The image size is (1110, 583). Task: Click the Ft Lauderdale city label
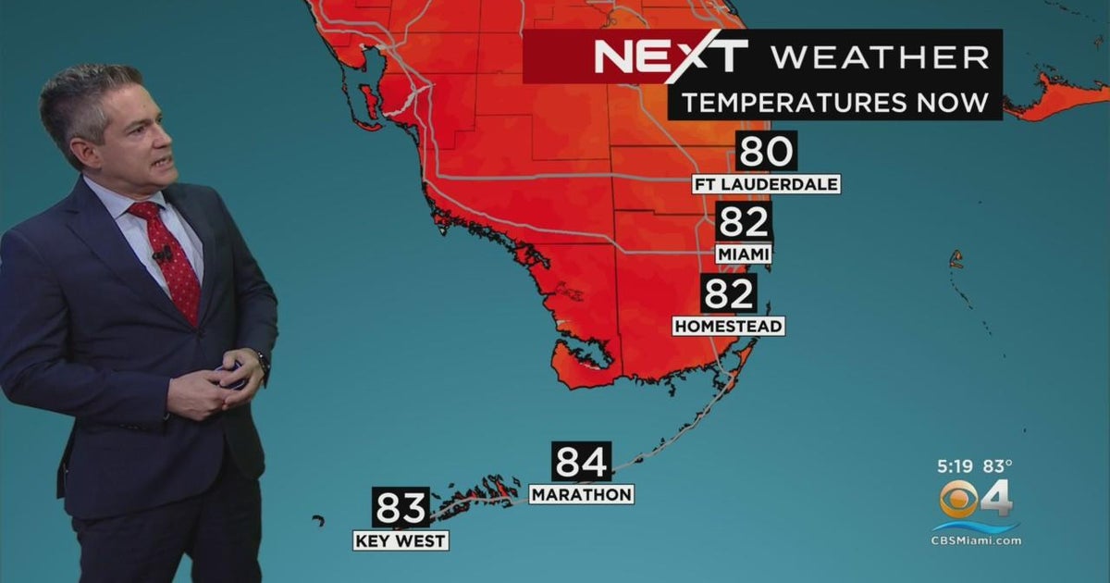pos(767,184)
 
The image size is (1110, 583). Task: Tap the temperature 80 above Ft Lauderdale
pos(767,151)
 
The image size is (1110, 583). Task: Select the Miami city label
pos(744,254)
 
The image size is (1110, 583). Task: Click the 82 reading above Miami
pos(744,222)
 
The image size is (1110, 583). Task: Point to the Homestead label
pos(729,326)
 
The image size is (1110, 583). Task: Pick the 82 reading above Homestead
pos(729,293)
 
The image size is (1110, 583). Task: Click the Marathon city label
pos(582,494)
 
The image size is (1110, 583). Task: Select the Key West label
pos(401,540)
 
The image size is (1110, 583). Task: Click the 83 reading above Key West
pos(401,507)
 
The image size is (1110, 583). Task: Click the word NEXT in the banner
pos(670,57)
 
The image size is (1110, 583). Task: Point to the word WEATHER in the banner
pos(880,57)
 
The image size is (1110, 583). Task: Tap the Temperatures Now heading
pos(835,102)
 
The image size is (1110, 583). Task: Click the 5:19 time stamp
pos(953,466)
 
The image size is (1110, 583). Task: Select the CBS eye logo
pos(959,501)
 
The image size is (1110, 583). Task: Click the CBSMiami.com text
pos(976,540)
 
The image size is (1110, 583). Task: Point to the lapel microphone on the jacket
pos(163,253)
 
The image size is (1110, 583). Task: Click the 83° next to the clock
pos(997,466)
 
